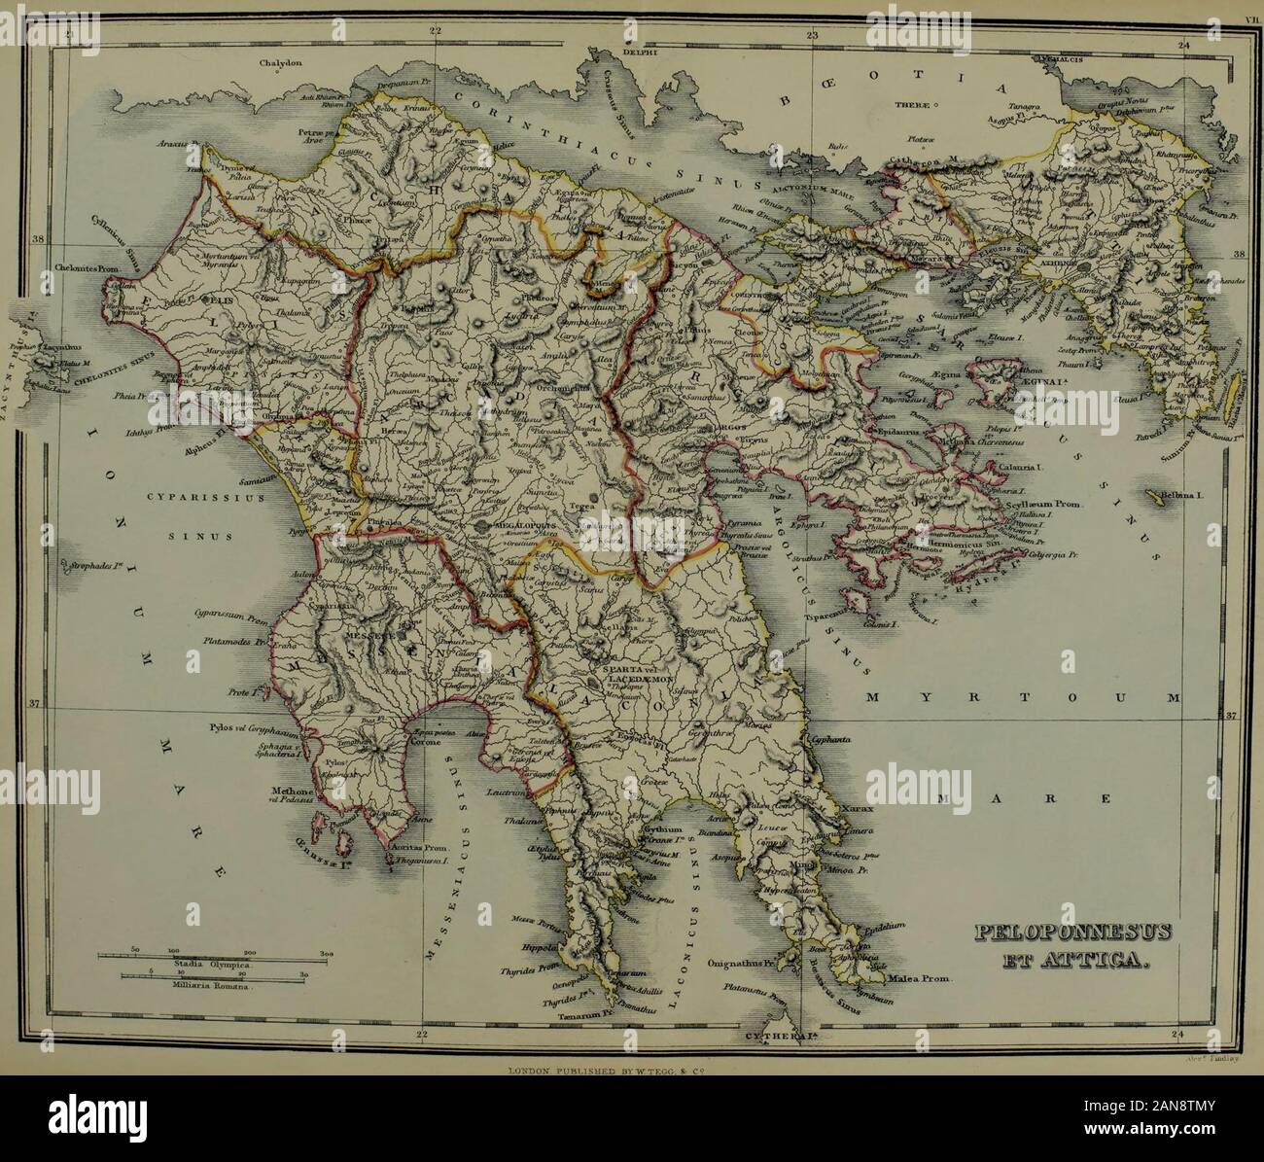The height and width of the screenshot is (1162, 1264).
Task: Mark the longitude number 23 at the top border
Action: [812, 35]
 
